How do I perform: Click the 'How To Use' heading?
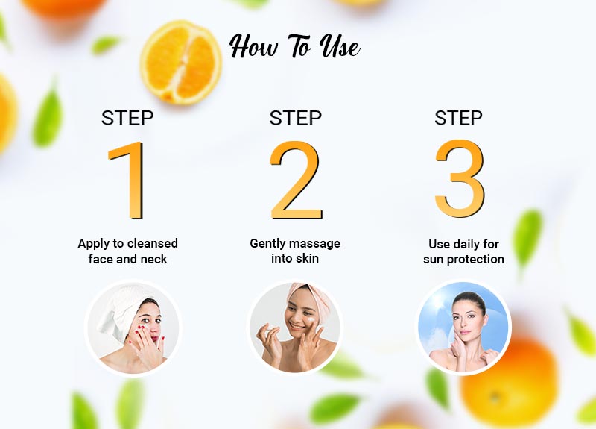[x=295, y=46]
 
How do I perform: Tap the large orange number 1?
[x=128, y=179]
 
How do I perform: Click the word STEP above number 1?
[x=127, y=118]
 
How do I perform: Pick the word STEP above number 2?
[x=295, y=118]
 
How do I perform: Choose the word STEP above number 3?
[x=459, y=118]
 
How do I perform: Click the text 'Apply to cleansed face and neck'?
[x=127, y=251]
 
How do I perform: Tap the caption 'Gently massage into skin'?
[x=295, y=251]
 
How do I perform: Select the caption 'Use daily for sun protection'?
[x=463, y=252]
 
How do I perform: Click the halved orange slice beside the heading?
[x=181, y=60]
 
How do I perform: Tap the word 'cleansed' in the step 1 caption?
[x=152, y=244]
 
